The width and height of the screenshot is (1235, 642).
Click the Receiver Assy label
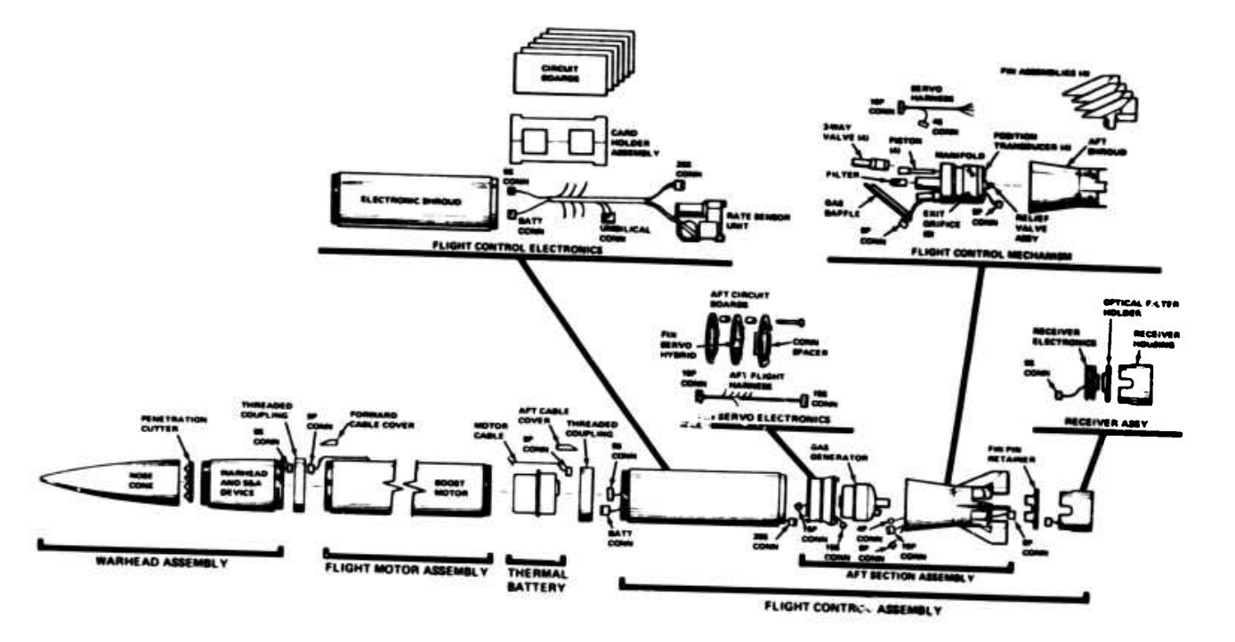(1108, 425)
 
